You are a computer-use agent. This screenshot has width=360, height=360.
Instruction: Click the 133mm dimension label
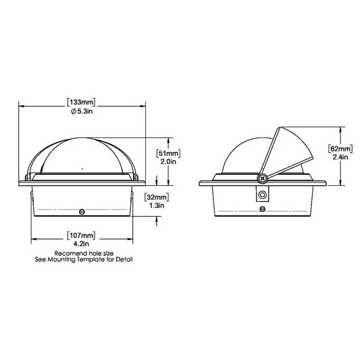(x=81, y=103)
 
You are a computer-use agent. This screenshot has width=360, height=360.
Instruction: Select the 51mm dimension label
(x=168, y=153)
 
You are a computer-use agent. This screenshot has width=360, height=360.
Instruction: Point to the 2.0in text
(x=168, y=162)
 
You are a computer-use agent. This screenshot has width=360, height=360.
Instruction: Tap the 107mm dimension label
(x=81, y=235)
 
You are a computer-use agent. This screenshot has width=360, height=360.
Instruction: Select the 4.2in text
(x=81, y=244)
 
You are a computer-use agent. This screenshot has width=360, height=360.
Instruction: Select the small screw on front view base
(x=82, y=210)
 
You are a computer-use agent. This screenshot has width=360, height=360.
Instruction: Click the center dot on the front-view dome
(x=81, y=166)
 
